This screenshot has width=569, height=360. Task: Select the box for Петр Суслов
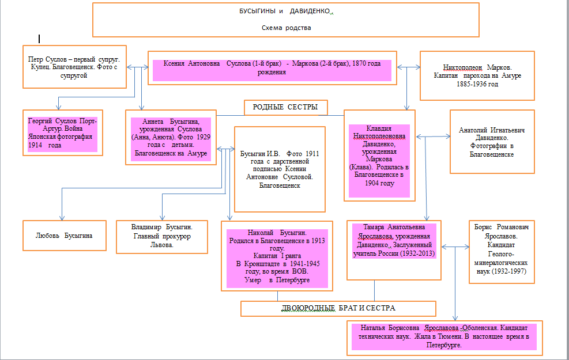pyautogui.click(x=74, y=67)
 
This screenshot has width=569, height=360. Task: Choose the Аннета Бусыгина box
pyautogui.click(x=171, y=138)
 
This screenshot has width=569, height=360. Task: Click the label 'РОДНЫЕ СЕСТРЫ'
pyautogui.click(x=285, y=108)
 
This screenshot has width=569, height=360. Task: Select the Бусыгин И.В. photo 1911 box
pyautogui.click(x=279, y=169)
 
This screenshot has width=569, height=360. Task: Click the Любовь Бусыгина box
pyautogui.click(x=65, y=236)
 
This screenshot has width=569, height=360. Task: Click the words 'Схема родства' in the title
pyautogui.click(x=285, y=28)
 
